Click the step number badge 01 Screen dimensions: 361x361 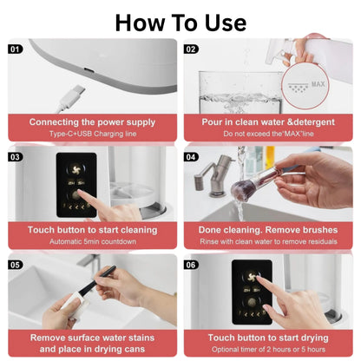point(15,49)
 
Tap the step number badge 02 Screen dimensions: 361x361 point(191,49)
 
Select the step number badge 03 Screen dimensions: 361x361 point(15,157)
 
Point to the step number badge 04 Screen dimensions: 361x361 point(191,157)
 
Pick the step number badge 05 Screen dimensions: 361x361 point(15,265)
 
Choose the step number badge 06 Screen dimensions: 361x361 point(191,265)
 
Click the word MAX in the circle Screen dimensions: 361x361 point(318,84)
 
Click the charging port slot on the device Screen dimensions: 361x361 point(89,70)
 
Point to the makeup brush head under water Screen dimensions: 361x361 point(240,191)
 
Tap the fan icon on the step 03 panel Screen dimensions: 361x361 point(76,168)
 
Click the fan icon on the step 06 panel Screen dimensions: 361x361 point(252,277)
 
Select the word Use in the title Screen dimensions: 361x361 point(226,23)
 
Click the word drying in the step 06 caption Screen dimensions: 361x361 point(314,338)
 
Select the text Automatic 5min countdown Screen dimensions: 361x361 point(93,241)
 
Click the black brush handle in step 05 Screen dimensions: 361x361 point(98,279)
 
